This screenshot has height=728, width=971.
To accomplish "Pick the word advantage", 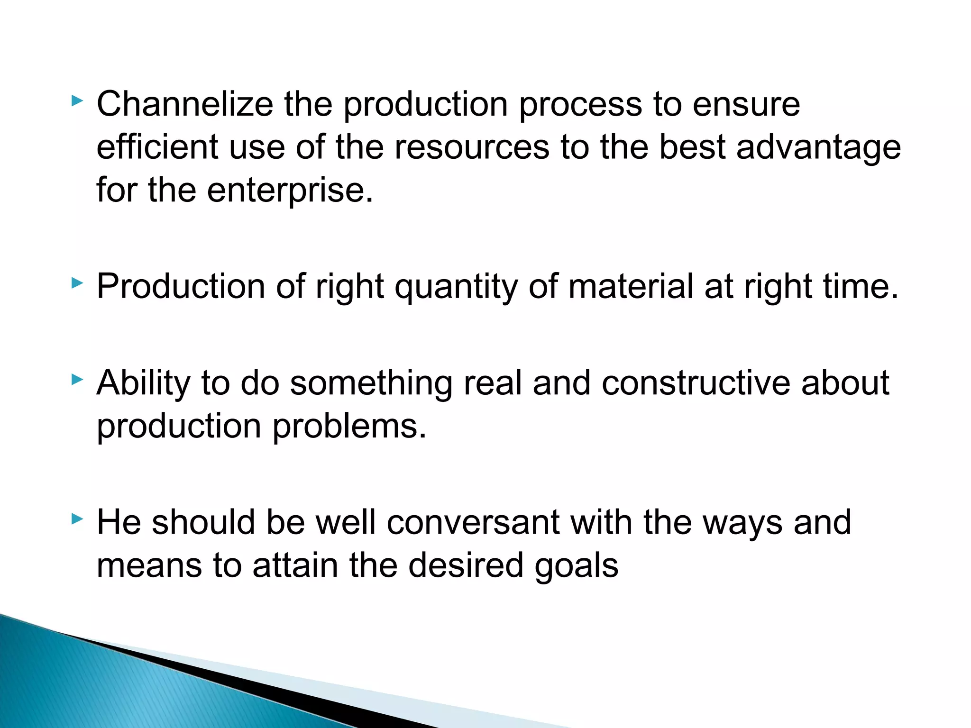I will [818, 148].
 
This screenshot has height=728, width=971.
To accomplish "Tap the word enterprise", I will [290, 191].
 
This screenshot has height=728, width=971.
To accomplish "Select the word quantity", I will [456, 287].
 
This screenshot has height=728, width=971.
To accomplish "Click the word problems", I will [349, 426].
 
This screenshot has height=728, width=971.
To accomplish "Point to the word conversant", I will [473, 522].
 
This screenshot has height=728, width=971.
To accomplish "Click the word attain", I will [295, 565].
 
